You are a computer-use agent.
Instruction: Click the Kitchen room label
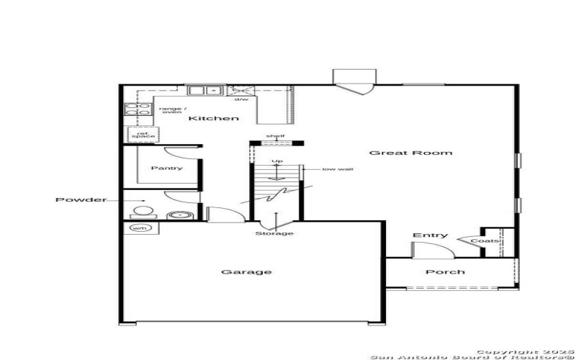click(213, 118)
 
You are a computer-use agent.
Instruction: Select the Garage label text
click(236, 272)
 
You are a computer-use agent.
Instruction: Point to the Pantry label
click(166, 168)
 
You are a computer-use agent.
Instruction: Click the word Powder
click(81, 199)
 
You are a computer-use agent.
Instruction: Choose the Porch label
click(445, 272)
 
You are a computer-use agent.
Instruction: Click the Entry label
click(430, 235)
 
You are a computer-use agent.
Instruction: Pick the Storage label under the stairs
click(274, 233)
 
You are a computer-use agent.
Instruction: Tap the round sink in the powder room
click(176, 215)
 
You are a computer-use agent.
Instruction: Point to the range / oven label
click(171, 109)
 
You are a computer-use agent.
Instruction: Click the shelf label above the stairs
click(275, 135)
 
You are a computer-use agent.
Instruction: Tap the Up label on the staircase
click(276, 161)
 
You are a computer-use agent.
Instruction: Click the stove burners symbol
click(132, 109)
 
